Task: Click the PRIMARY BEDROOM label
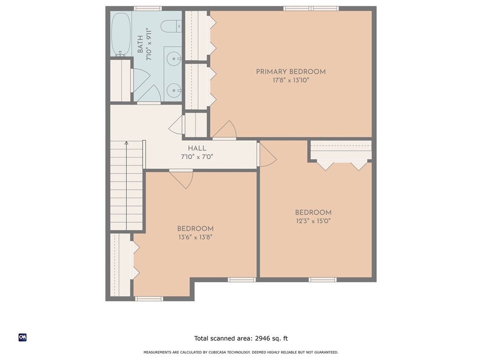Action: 290,72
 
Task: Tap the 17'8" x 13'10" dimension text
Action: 290,80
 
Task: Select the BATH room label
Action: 140,44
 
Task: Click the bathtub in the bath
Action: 121,34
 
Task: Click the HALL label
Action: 197,148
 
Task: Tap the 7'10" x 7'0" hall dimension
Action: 197,157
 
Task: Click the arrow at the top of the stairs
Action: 126,143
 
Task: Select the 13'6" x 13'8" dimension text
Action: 195,237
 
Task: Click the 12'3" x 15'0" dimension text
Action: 313,221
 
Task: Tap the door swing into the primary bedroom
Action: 225,130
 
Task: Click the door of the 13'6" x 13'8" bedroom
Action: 182,180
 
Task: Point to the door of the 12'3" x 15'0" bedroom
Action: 267,154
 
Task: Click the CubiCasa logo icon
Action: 22,337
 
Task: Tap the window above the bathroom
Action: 148,8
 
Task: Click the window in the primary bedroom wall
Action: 311,8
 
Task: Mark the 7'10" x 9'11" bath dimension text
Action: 149,44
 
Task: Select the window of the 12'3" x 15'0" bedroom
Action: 322,280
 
